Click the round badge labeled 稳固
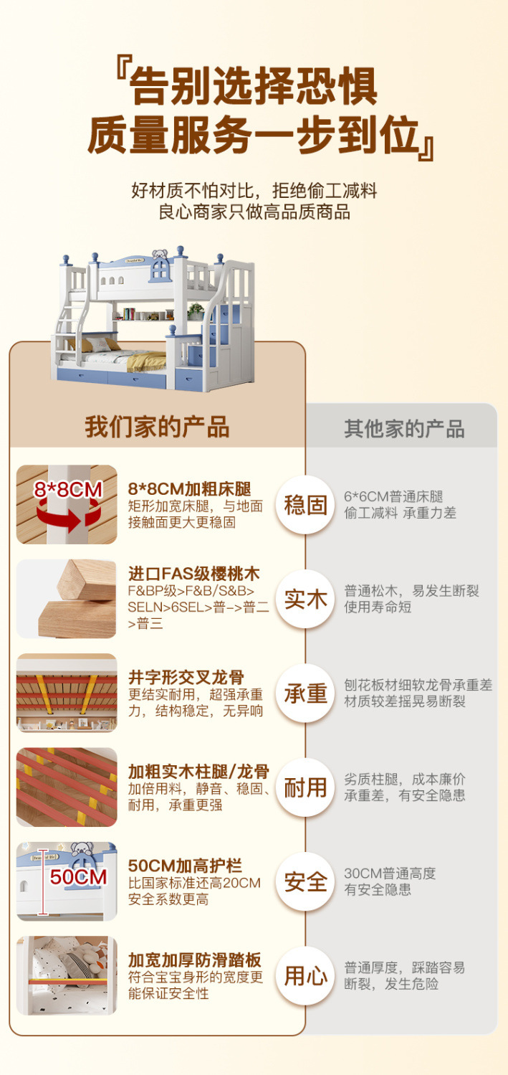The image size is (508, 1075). coord(305,505)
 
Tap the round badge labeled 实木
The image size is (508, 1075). coord(305,600)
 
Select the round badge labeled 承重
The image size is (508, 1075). coord(305,693)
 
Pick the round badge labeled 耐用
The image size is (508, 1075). coord(305,787)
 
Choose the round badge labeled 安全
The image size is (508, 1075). coord(305,881)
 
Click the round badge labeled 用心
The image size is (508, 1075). coord(305,976)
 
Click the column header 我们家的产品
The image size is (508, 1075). coord(158,427)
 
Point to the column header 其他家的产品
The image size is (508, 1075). coord(404,429)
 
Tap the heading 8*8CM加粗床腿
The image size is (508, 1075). coord(189,489)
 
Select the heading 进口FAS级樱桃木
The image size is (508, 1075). coord(193,574)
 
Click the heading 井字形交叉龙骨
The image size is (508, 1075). coord(186,677)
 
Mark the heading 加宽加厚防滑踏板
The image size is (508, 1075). coord(195,960)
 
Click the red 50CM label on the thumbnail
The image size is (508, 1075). coord(78,876)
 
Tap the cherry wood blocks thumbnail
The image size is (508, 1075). coord(67,599)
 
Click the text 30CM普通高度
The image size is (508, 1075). coord(390,873)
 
